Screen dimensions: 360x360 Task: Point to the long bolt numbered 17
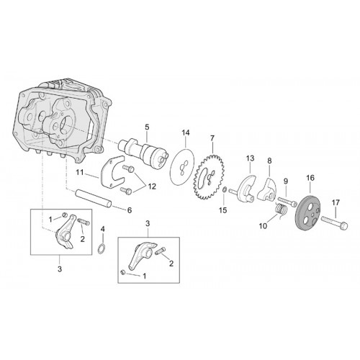(x=335, y=222)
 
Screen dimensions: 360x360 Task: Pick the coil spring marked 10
(x=280, y=210)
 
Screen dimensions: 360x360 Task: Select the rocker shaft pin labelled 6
(x=94, y=198)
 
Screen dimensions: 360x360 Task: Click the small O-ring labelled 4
(x=102, y=248)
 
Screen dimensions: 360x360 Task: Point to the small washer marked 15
(x=224, y=190)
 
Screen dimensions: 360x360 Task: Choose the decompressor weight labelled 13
(x=243, y=189)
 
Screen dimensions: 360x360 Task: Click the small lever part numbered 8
(x=267, y=190)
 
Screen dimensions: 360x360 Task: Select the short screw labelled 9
(x=287, y=202)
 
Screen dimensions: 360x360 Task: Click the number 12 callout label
(x=152, y=186)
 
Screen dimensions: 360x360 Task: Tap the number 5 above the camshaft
(x=147, y=127)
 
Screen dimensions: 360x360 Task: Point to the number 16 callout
(x=310, y=178)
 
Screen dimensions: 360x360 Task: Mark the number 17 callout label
(x=336, y=202)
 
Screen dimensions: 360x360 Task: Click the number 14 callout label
(x=185, y=132)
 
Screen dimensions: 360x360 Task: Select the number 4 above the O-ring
(x=102, y=229)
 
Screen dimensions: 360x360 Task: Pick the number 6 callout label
(x=130, y=210)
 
